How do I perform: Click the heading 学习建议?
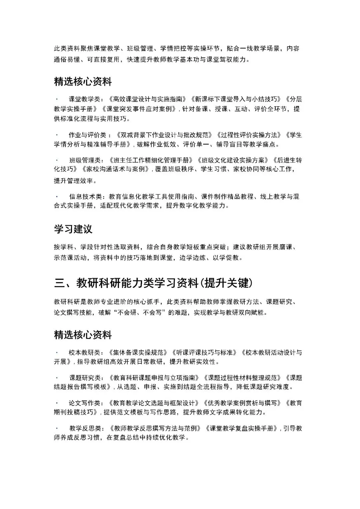click(x=73, y=229)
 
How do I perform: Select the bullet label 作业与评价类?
click(x=87, y=135)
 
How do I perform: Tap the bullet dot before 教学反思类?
click(x=57, y=428)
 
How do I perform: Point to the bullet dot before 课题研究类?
click(x=57, y=377)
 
